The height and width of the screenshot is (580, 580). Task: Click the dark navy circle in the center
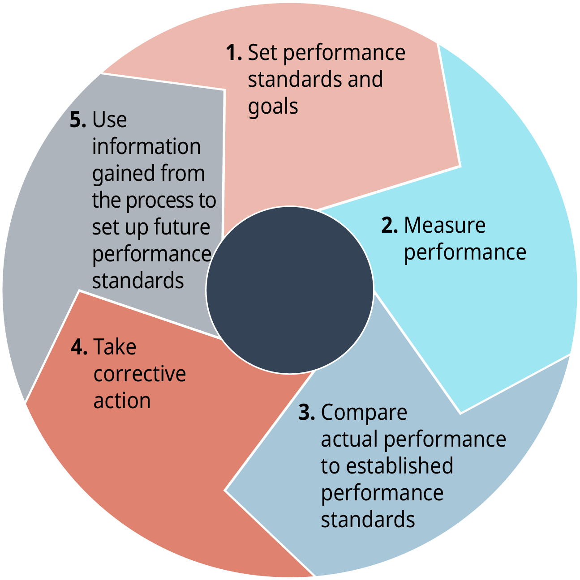click(x=290, y=290)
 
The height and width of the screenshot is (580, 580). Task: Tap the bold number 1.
click(x=233, y=53)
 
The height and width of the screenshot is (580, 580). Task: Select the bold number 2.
click(x=389, y=225)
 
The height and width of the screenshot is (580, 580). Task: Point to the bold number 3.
click(x=306, y=412)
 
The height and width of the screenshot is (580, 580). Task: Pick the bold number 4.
click(x=79, y=347)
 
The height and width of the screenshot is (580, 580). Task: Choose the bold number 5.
click(x=77, y=120)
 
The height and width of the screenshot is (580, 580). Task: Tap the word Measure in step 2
click(x=444, y=225)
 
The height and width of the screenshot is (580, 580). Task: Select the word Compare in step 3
click(x=364, y=413)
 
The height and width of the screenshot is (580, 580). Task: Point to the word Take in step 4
click(x=115, y=347)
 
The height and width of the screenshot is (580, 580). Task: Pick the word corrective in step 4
click(x=139, y=374)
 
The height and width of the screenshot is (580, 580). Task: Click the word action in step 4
click(x=122, y=401)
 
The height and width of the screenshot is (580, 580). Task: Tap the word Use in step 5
click(x=109, y=120)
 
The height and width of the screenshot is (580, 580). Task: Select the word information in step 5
click(x=146, y=147)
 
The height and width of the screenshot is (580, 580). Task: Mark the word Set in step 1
click(x=263, y=53)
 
